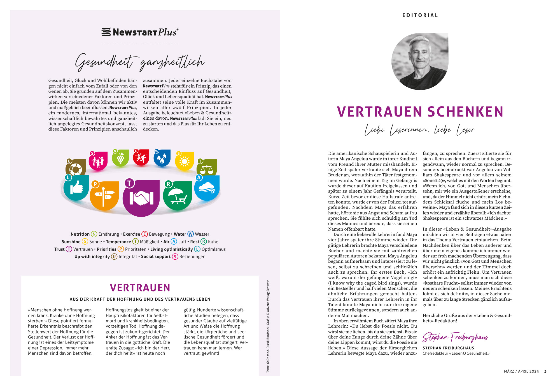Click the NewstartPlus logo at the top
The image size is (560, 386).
coord(140,32)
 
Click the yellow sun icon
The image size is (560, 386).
coord(185,161)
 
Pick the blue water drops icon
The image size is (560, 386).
coord(162,158)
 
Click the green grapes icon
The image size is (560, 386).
coord(120,158)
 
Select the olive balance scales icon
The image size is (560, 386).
coord(207,168)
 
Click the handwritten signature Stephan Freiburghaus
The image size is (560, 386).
coord(455,337)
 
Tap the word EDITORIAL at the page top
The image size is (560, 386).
coord(420,15)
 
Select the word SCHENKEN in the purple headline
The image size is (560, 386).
coord(465,112)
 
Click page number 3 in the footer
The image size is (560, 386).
coord(545,371)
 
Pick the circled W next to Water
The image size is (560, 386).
coord(191,234)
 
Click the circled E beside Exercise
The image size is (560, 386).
coord(144,234)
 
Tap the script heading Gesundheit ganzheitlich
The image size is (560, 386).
coord(140,62)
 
